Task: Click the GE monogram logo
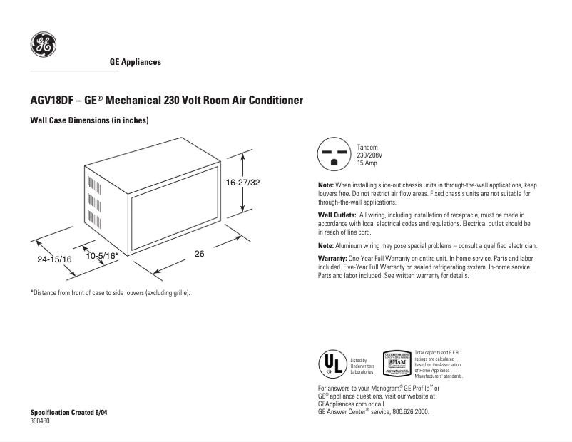(x=44, y=45)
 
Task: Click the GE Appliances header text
(x=135, y=62)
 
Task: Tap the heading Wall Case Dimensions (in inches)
(x=88, y=121)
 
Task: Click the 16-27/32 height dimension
(x=243, y=183)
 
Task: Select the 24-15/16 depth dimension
(x=55, y=260)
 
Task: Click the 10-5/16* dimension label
(x=102, y=255)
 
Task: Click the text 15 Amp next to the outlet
(x=368, y=163)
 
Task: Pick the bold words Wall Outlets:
(x=337, y=215)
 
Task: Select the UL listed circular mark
(x=332, y=365)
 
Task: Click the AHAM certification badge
(x=397, y=364)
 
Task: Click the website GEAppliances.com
(x=343, y=403)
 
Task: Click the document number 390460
(x=40, y=421)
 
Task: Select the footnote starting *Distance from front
(x=110, y=293)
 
